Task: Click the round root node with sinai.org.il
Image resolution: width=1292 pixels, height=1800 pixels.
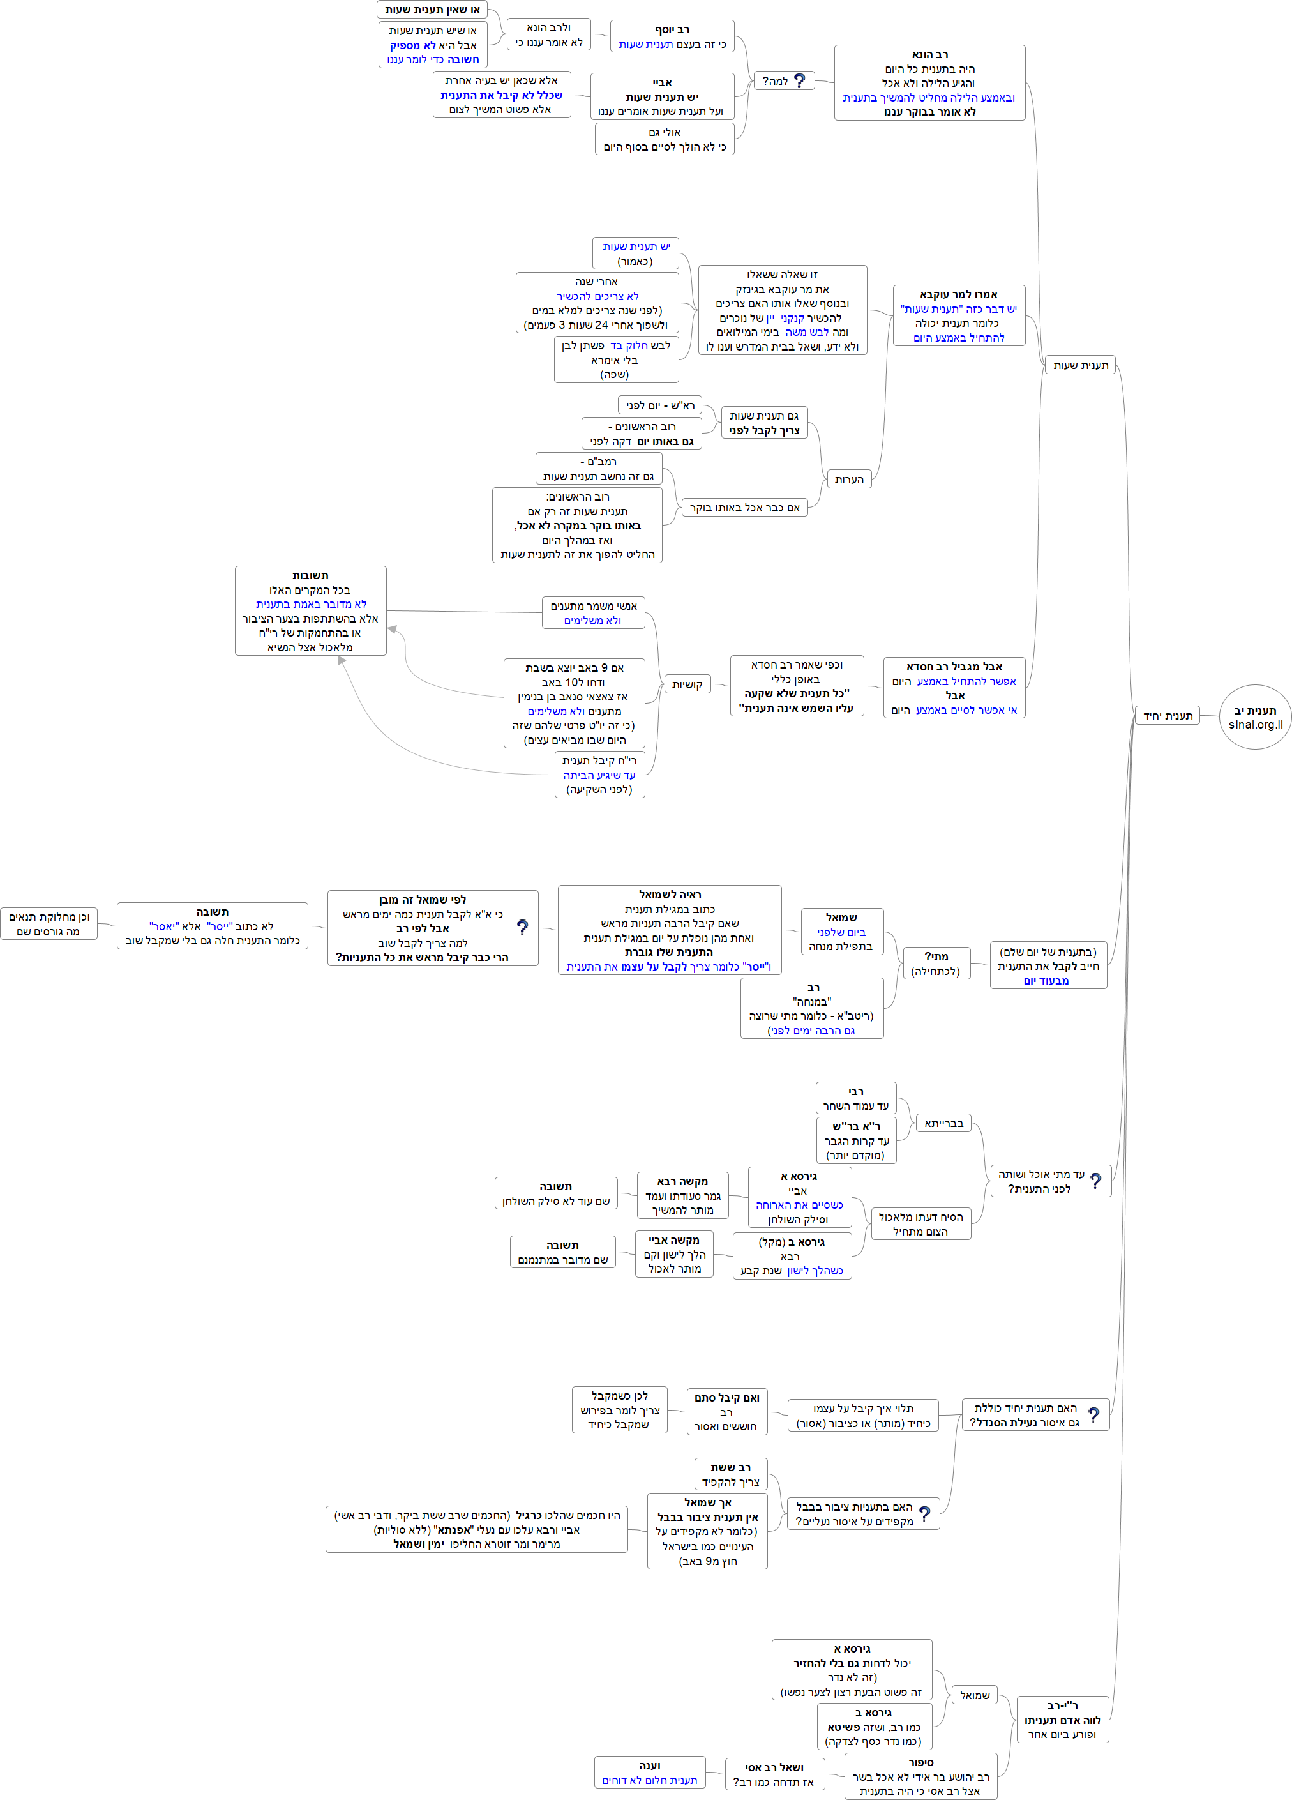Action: [x=1255, y=716]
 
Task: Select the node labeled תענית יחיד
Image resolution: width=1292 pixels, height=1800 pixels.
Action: [x=1167, y=716]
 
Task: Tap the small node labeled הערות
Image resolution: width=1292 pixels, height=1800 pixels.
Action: [x=848, y=480]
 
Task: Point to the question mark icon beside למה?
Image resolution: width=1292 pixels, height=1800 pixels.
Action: [x=799, y=81]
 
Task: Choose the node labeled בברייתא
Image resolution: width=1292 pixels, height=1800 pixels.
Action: [x=943, y=1123]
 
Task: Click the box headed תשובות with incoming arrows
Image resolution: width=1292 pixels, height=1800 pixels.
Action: [x=310, y=610]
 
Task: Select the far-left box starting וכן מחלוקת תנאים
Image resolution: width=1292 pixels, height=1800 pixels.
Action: [x=49, y=924]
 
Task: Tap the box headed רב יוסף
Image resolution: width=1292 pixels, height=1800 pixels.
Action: [x=672, y=36]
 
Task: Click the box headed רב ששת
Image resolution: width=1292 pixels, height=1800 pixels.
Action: [x=730, y=1474]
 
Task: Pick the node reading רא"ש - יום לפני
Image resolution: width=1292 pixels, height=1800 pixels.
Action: [x=659, y=405]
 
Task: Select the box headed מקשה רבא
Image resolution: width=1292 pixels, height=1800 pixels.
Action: [x=682, y=1195]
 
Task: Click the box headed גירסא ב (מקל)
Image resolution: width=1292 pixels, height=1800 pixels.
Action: [x=792, y=1255]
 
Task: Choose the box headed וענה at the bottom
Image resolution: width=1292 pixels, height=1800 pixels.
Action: [x=649, y=1772]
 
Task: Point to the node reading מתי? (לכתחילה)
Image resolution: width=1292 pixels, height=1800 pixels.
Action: [x=936, y=964]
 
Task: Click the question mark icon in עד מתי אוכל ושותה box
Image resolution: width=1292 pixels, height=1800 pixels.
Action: [x=1095, y=1181]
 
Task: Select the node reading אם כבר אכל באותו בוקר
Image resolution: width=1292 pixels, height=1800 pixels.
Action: [x=744, y=507]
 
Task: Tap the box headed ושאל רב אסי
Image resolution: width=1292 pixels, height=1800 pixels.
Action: [x=774, y=1774]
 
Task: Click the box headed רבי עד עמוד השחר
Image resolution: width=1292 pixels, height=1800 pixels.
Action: [x=855, y=1098]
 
